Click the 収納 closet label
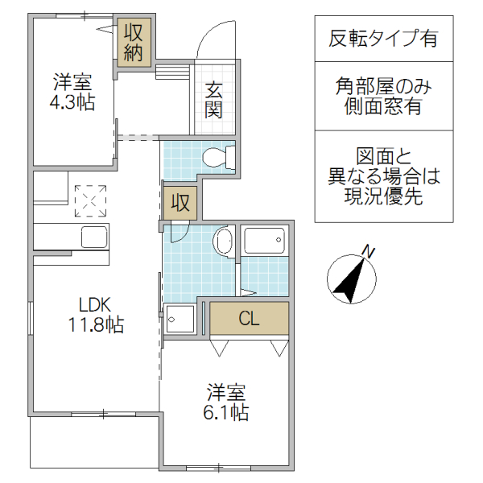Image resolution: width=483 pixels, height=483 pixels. (132, 43)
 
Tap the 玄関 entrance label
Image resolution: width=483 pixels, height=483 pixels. (213, 100)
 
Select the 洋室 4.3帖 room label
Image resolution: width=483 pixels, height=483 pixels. (72, 93)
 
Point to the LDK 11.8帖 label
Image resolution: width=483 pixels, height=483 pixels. (94, 315)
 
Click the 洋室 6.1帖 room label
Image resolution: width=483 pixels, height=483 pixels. (226, 402)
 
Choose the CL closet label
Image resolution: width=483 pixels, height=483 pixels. (249, 319)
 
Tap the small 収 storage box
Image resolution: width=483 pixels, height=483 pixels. (180, 203)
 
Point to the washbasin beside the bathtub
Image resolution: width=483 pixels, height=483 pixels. (225, 242)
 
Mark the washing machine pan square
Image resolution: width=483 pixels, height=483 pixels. (180, 319)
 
